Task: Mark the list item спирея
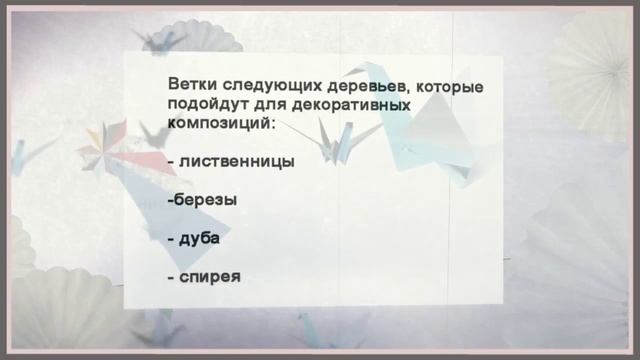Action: tap(210, 276)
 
